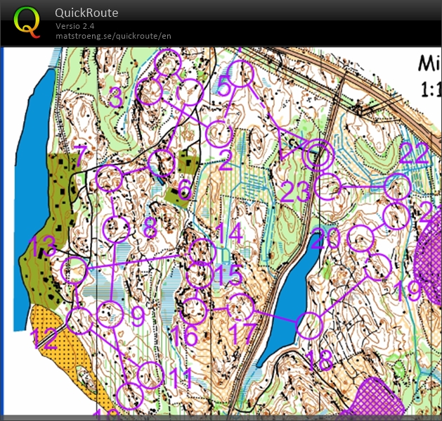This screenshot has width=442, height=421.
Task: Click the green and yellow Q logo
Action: (27, 22)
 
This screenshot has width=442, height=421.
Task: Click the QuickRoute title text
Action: (86, 13)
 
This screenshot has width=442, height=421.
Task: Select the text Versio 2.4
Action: (75, 26)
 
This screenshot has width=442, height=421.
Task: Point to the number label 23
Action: (296, 191)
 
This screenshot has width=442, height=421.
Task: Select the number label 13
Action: (42, 247)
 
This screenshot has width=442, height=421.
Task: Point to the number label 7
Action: (81, 153)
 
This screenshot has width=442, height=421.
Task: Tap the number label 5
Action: (223, 87)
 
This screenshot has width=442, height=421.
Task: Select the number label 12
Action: (44, 337)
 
